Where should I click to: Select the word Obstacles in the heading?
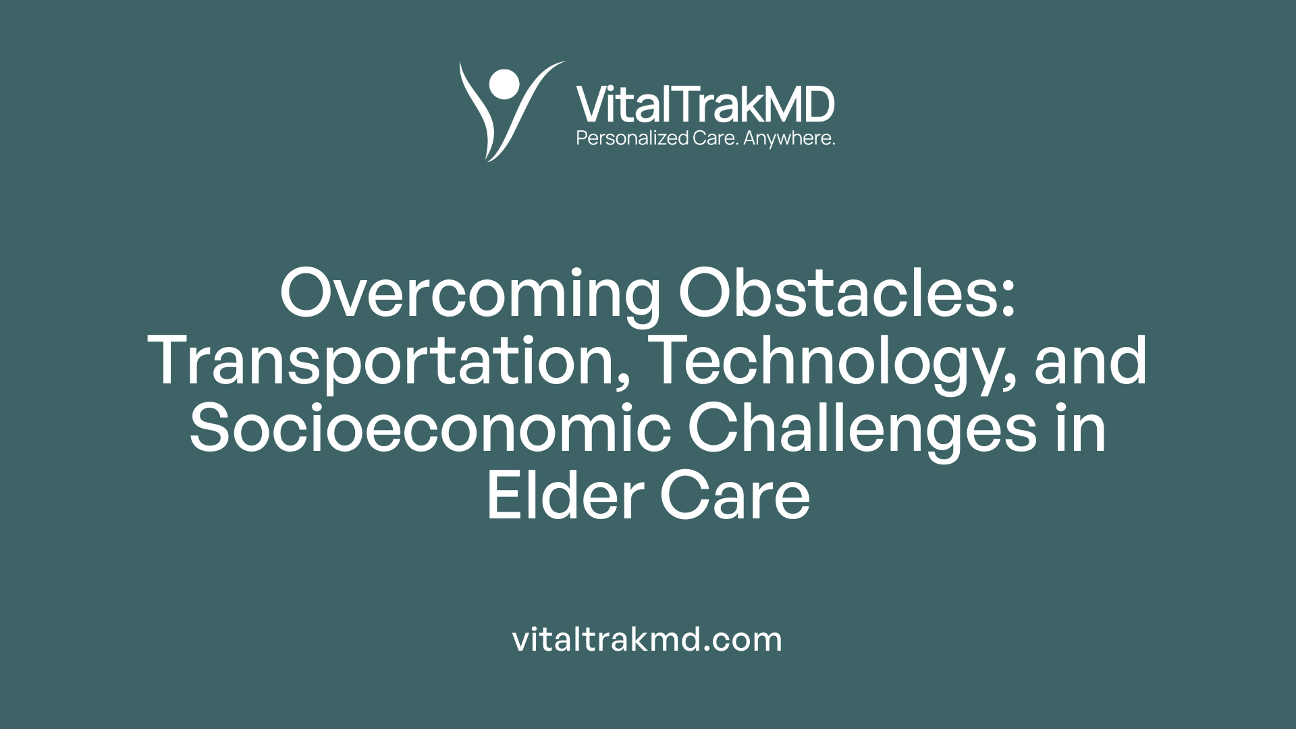click(838, 294)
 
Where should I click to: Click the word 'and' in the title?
click(1091, 362)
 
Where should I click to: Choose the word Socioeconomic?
click(430, 429)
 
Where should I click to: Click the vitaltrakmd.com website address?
click(647, 639)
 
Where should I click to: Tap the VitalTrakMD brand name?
click(705, 105)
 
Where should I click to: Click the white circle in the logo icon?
click(504, 84)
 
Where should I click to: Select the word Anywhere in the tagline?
click(788, 138)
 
